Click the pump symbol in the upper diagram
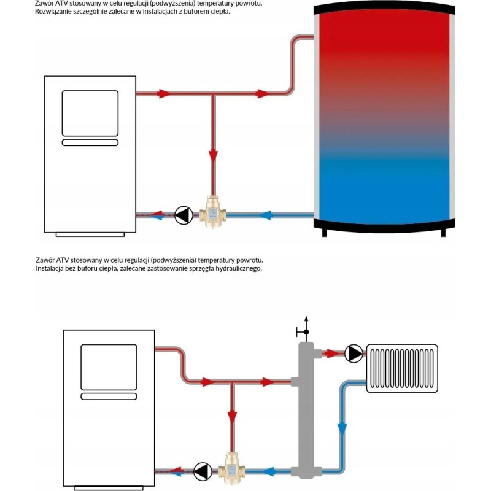tap(183, 215)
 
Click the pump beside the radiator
tap(354, 354)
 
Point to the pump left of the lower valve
tap(201, 472)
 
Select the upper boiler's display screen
tap(90, 113)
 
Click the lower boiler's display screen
tap(109, 368)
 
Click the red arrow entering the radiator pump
tap(331, 354)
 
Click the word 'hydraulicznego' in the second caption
tap(240, 269)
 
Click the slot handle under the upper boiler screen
tap(90, 142)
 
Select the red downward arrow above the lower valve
tap(232, 417)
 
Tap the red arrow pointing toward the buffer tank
tap(263, 94)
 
